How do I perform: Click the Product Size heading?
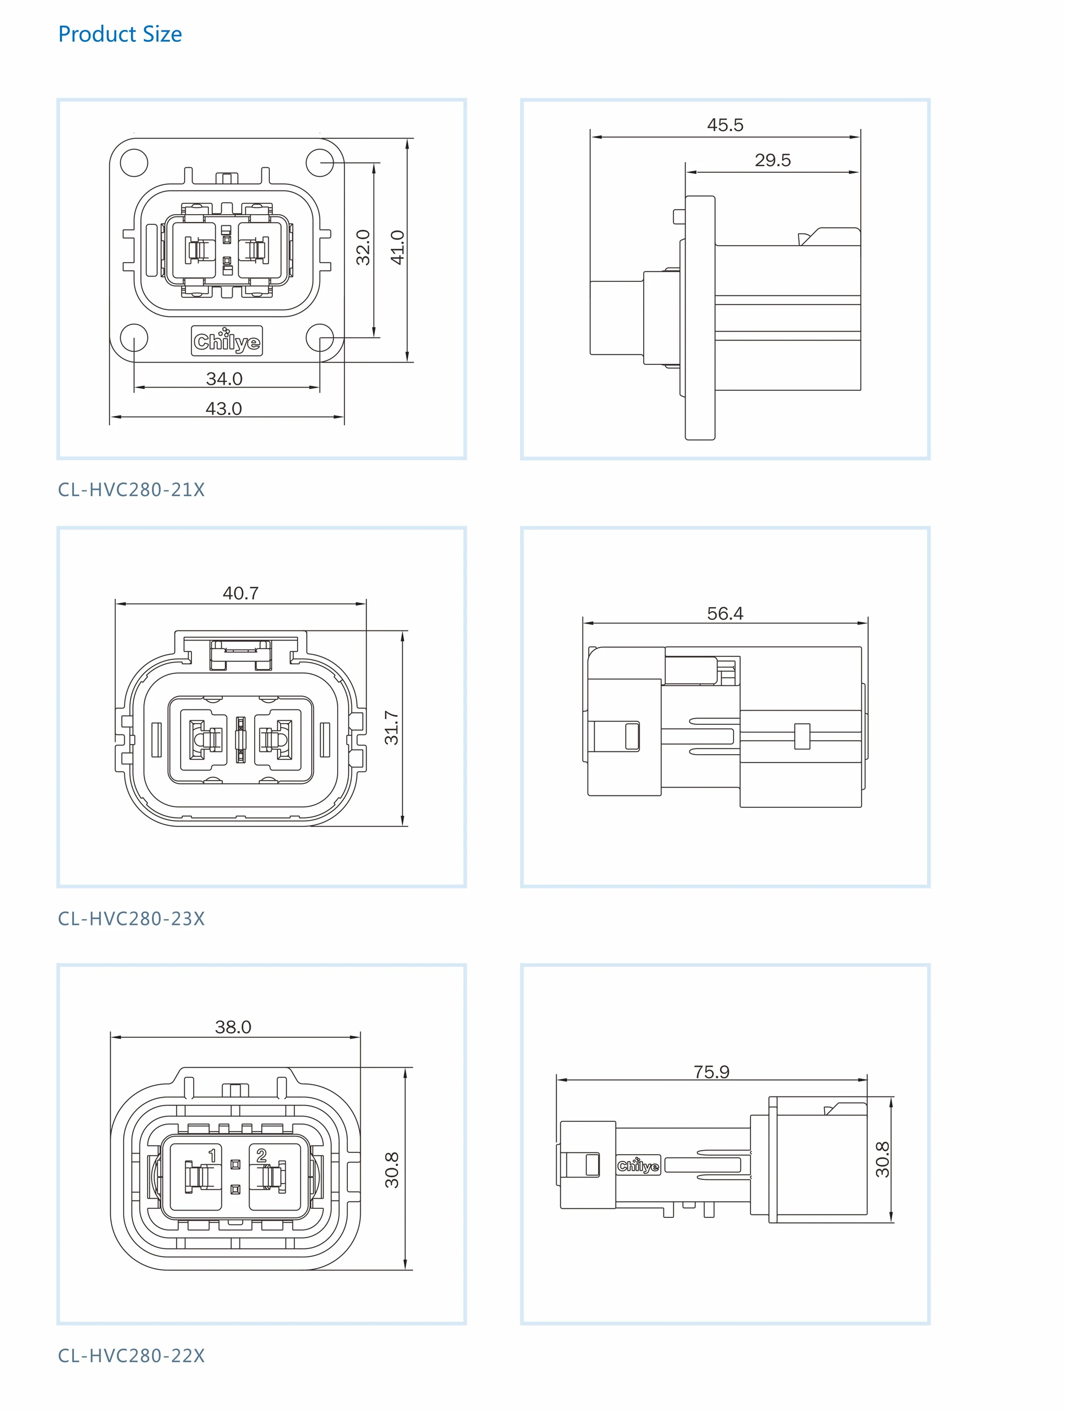tap(120, 34)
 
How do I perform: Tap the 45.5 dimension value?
tap(724, 125)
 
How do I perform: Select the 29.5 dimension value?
tap(772, 160)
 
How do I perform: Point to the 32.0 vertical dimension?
tap(363, 247)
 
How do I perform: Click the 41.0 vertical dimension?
tap(397, 247)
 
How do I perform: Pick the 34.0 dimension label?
tap(224, 378)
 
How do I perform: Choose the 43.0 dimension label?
tap(224, 408)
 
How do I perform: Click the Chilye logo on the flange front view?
tap(227, 341)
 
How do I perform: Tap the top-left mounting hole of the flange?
tap(134, 163)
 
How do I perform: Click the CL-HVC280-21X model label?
tap(132, 490)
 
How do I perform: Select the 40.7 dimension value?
tap(241, 594)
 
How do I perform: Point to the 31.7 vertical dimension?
tap(391, 728)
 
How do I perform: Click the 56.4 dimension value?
tap(724, 614)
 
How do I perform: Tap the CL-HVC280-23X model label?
tap(132, 919)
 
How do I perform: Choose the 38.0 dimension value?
tap(233, 1027)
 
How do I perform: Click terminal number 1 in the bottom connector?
tap(212, 1155)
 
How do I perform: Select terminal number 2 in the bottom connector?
tap(261, 1155)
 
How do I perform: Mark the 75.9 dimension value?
tap(712, 1072)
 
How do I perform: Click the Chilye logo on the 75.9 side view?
tap(638, 1166)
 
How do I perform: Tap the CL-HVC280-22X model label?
tap(132, 1356)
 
